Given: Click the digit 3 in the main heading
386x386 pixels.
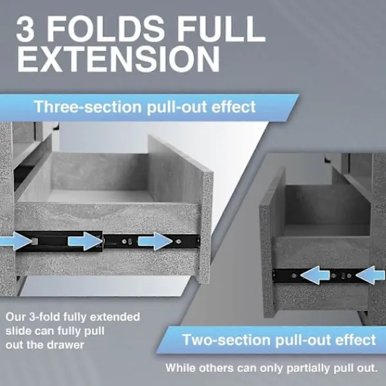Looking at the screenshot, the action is (x=25, y=29).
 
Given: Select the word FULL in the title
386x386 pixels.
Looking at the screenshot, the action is (x=221, y=29).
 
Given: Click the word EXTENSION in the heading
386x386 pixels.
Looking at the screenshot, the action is (x=118, y=60).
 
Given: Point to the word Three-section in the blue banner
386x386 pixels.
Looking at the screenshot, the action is (x=88, y=106).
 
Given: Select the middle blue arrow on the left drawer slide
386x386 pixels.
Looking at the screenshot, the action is (x=85, y=241).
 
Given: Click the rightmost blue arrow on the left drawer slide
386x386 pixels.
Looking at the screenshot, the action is (x=155, y=241).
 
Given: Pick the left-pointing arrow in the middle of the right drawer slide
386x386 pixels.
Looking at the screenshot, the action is (x=315, y=275).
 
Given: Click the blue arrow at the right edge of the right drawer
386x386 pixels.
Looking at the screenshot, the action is (x=371, y=275).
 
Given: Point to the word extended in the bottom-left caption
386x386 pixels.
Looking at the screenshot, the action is (x=115, y=317).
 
